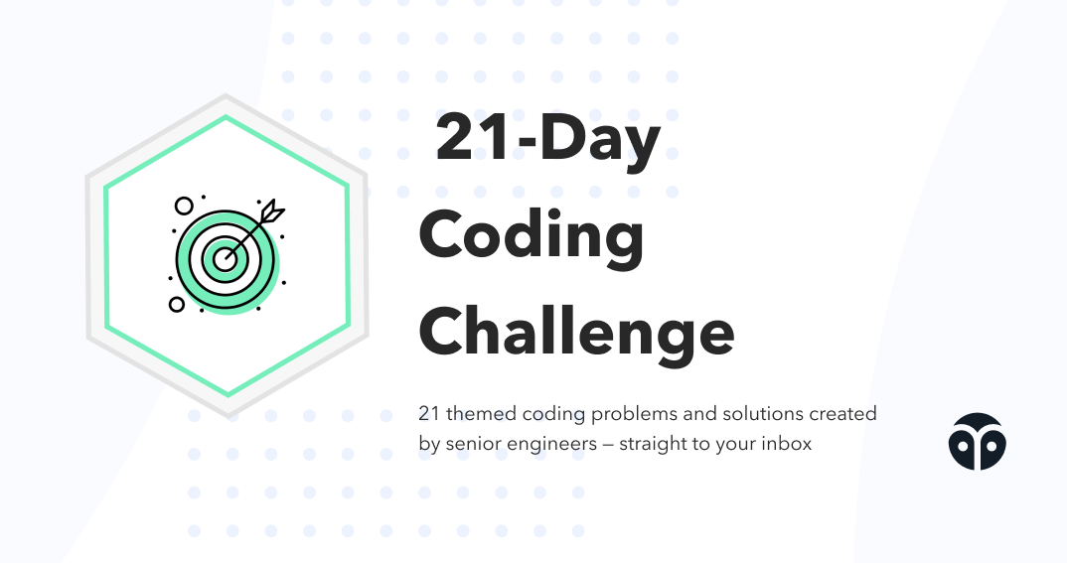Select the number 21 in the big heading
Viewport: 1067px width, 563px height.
coord(474,139)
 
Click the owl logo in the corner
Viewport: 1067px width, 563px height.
coord(977,441)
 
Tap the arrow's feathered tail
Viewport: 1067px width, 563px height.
coord(271,211)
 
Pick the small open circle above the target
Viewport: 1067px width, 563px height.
coord(184,207)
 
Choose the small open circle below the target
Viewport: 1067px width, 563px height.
coord(177,304)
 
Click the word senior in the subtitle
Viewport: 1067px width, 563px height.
coord(471,444)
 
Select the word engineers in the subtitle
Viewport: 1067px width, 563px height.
coord(550,444)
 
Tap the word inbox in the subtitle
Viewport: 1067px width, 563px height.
coord(786,444)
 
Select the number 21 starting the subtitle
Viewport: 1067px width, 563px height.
coord(429,414)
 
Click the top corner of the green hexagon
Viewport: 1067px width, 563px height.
coord(228,117)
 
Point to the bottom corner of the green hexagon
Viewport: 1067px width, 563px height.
coord(228,395)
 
